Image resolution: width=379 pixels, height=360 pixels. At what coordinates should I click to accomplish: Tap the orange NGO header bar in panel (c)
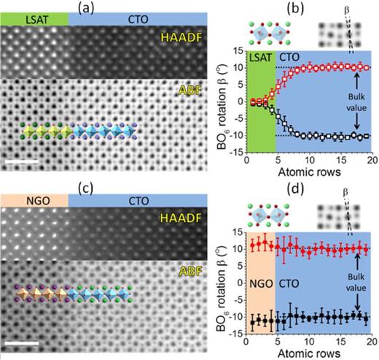[34, 199]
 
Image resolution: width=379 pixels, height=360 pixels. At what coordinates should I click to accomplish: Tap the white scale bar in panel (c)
[21, 340]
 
